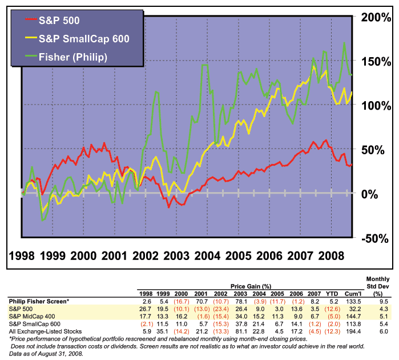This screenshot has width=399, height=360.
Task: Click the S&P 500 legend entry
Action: pos(53,21)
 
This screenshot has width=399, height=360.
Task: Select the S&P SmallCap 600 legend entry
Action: pos(78,39)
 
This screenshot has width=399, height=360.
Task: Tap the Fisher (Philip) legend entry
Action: pos(66,57)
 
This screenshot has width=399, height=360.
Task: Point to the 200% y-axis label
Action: pos(376,17)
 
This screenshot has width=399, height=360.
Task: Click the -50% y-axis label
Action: pos(375,239)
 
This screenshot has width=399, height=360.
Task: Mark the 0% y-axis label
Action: pos(369,194)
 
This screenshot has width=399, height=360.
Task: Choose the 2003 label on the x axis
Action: pos(176,256)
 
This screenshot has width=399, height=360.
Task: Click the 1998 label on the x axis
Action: pos(22,256)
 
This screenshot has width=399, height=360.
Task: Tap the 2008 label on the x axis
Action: pos(331,256)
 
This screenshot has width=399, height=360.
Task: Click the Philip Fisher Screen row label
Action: pos(39,301)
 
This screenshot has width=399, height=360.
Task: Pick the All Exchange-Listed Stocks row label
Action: pos(45,331)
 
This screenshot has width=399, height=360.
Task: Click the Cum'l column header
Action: pos(353,294)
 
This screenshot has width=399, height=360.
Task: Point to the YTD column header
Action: pos(332,294)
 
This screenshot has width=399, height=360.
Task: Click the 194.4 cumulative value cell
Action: pos(353,331)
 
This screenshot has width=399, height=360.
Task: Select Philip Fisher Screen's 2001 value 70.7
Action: pos(202,301)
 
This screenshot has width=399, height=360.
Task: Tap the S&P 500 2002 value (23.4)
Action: pos(221,309)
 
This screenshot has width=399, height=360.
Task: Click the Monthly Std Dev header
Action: pos(378,286)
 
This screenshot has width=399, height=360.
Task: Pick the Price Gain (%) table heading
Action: pos(251,286)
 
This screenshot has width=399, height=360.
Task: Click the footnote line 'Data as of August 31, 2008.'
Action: pos(46,354)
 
